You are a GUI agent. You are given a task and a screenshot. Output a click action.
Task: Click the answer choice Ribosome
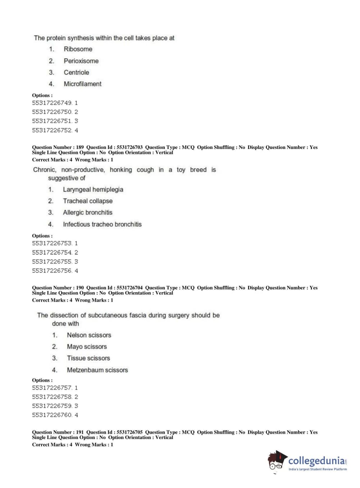point(78,49)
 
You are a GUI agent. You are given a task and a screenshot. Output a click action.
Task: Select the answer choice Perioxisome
point(81,61)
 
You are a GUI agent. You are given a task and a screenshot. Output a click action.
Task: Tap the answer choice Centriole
point(76,72)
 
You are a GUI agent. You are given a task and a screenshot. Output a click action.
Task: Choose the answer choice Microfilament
point(82,84)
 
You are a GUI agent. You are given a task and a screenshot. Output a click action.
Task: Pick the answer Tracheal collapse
point(88,201)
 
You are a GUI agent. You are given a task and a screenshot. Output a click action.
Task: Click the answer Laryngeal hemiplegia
point(93,189)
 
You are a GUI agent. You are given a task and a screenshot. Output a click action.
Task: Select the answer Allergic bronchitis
point(87,212)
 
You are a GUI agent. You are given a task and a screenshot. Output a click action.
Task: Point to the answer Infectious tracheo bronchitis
point(102,224)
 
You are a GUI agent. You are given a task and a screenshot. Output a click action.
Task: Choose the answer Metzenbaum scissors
point(97,370)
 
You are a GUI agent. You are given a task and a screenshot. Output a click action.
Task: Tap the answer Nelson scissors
point(89,335)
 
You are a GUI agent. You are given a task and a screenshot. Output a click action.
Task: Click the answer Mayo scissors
point(87,347)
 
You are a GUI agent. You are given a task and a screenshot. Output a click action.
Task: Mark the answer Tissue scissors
point(88,358)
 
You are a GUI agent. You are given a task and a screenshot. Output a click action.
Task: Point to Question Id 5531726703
point(114,147)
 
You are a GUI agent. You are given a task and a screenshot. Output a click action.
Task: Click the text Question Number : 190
point(58,288)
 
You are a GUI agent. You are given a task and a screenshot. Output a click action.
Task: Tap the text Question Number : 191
point(58,432)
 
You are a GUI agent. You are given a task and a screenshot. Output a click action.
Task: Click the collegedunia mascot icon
point(277,461)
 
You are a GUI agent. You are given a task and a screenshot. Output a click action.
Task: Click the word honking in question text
point(121,170)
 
